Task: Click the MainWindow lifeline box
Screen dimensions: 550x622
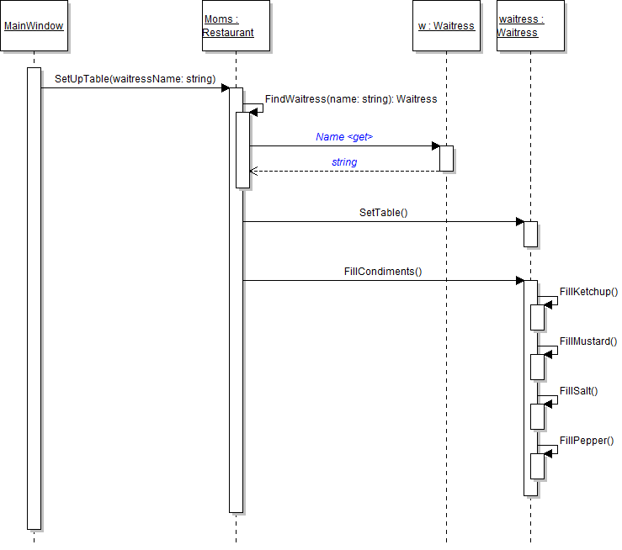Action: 34,26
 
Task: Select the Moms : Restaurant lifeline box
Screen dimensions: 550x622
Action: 236,26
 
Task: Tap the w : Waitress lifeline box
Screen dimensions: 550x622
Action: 446,26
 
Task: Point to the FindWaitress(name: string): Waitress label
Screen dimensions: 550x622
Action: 351,99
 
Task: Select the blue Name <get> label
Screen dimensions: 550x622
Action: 344,136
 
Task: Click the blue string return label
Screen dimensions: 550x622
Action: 344,161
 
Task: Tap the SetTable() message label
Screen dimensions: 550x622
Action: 383,213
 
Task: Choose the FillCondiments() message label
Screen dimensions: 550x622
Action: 383,272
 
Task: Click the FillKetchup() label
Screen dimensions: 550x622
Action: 589,292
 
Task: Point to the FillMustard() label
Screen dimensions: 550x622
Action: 588,341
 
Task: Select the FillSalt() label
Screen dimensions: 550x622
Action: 578,391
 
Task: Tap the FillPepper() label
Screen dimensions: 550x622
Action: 587,441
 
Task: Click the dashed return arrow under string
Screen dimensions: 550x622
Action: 344,171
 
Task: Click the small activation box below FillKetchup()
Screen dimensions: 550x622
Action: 537,317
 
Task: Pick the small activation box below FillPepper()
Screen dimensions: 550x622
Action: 537,466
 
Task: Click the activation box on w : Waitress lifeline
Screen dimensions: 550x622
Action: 446,158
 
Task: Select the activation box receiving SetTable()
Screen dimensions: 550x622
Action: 530,234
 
